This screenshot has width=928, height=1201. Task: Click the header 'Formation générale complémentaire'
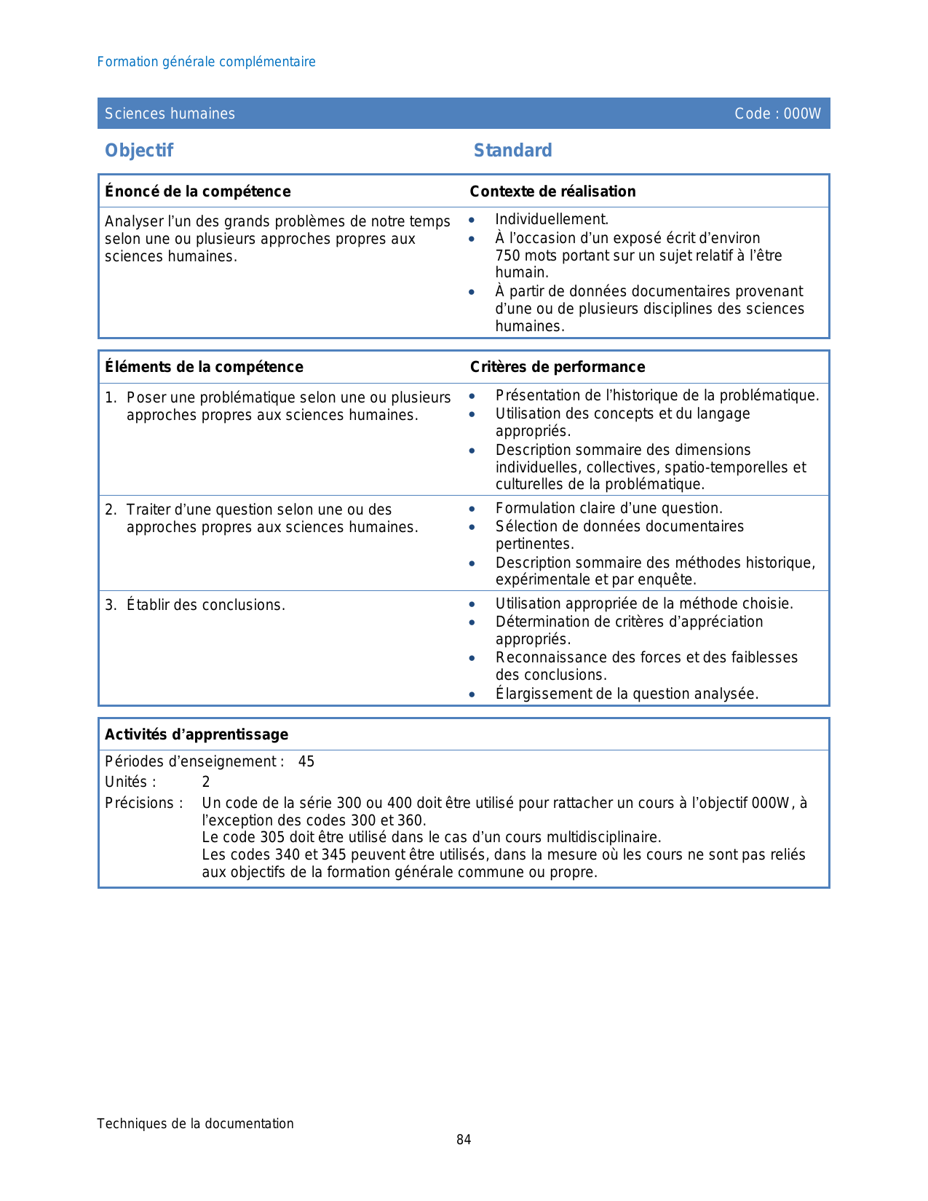206,62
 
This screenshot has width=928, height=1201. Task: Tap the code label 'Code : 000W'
777,114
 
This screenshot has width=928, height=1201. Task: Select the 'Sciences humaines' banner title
170,114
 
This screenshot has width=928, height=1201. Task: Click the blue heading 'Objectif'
139,151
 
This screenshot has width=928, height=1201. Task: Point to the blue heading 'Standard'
512,151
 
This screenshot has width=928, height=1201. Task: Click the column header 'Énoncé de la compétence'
197,191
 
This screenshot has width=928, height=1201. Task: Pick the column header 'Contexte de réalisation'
552,191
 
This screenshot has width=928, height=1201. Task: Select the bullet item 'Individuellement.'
552,220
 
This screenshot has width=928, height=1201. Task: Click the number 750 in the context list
508,255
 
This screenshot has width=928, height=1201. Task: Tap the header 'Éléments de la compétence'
204,367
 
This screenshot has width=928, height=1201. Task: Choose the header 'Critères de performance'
558,367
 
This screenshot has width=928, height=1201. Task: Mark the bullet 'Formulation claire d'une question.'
608,509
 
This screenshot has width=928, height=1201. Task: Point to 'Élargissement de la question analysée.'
627,694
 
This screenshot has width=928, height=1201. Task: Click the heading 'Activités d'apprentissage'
197,734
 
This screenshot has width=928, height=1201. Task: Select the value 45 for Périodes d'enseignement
306,762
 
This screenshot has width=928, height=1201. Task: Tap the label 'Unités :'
130,782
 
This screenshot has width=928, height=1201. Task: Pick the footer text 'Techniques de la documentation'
195,1124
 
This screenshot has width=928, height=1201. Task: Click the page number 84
464,1140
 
